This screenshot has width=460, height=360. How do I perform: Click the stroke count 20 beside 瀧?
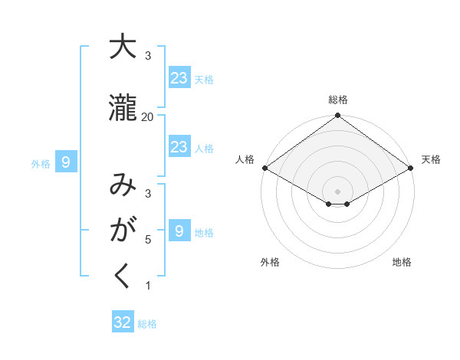[x=147, y=116]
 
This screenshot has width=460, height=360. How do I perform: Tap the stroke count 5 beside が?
[x=148, y=239]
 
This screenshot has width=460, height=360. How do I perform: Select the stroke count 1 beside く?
[x=148, y=286]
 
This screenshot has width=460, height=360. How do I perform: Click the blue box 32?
[x=123, y=322]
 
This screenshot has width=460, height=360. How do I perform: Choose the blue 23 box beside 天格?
[x=179, y=77]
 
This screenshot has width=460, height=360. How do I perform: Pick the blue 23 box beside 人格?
[x=179, y=147]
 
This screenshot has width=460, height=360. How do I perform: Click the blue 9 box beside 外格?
[x=67, y=162]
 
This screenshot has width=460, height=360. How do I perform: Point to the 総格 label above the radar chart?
[x=337, y=100]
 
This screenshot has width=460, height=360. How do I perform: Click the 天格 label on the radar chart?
[x=431, y=159]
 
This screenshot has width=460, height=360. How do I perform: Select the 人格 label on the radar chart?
[x=245, y=159]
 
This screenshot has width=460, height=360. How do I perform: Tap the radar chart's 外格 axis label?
[x=270, y=262]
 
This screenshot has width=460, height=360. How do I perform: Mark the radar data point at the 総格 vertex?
[x=337, y=116]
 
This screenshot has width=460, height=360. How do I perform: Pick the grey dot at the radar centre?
[x=337, y=191]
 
